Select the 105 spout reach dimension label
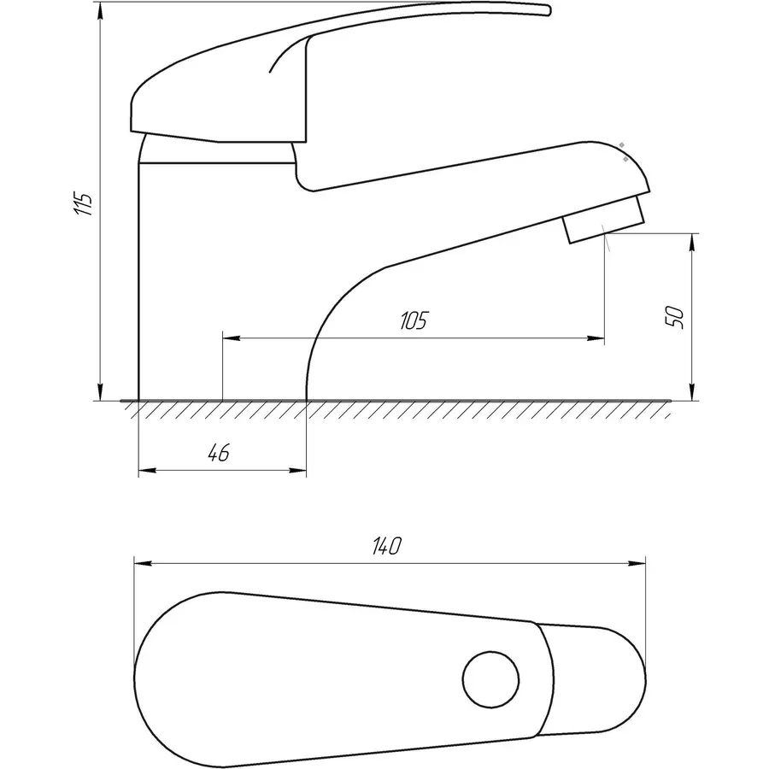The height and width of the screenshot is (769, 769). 414,320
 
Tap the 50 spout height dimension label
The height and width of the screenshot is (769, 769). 674,317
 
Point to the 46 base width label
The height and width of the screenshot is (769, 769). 219,453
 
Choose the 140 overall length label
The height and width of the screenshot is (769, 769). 387,546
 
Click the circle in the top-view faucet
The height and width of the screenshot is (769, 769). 490,679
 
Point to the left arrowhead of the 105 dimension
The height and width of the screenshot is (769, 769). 232,338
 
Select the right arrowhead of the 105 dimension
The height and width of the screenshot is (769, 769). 596,338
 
